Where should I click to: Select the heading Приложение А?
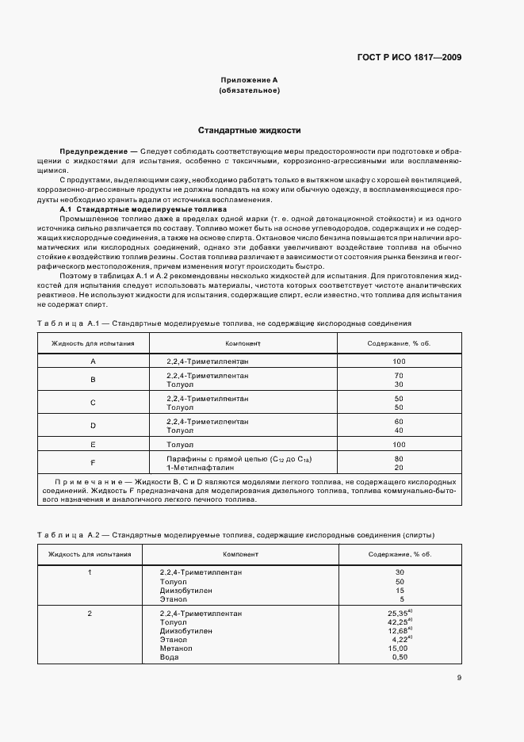(x=248, y=80)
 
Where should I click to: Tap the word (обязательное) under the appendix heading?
(x=248, y=90)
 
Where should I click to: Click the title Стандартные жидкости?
(x=248, y=130)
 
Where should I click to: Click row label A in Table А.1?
(x=93, y=361)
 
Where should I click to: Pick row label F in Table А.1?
(x=93, y=462)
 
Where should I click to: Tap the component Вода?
(x=169, y=656)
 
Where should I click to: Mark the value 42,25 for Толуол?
(x=397, y=622)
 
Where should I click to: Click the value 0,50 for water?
(x=399, y=656)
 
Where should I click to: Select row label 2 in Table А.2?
(x=90, y=614)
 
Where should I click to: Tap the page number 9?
(x=459, y=677)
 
